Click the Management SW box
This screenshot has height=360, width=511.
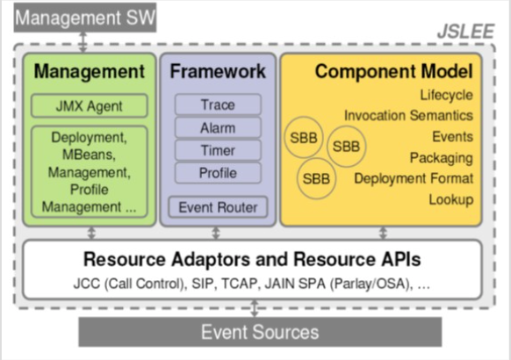pos(85,18)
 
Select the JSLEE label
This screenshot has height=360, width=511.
pos(465,32)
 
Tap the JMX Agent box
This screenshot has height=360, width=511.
pos(90,106)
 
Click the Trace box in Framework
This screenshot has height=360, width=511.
pos(218,104)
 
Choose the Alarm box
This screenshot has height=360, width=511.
pos(218,127)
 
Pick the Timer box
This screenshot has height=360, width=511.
pos(218,150)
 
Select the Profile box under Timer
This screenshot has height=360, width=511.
pos(218,173)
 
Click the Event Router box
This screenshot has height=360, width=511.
pos(218,207)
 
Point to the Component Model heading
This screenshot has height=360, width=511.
pos(393,71)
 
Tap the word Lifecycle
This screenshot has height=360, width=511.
pos(446,96)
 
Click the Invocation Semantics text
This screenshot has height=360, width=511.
pos(408,115)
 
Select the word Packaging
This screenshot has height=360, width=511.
pos(442,158)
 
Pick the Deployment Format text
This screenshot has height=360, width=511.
pos(414,179)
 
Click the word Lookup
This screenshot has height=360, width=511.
pos(451,199)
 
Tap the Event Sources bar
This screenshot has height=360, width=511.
pos(260,332)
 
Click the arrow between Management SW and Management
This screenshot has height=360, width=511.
pos(83,42)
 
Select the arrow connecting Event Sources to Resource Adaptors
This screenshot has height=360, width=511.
pos(255,308)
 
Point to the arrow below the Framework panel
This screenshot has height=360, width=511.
pos(216,234)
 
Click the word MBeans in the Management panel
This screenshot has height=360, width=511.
pos(89,155)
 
